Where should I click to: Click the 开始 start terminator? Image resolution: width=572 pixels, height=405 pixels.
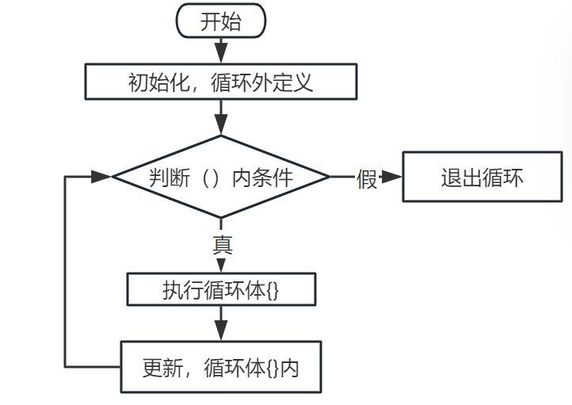[x=221, y=21]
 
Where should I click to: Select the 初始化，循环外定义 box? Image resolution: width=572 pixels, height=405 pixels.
[x=221, y=82]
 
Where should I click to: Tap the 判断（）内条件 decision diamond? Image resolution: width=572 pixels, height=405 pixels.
[x=221, y=177]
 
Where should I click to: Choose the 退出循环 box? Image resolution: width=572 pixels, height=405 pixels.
[x=482, y=177]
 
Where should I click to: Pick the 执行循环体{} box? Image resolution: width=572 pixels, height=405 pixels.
[x=221, y=289]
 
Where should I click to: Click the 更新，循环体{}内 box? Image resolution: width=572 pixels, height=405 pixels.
[x=221, y=367]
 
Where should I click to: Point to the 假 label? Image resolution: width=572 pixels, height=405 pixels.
[x=367, y=178]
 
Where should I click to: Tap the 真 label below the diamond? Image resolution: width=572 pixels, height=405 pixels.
[x=223, y=244]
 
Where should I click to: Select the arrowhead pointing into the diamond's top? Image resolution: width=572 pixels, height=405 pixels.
[x=221, y=124]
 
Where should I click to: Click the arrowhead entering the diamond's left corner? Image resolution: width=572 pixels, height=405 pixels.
[x=101, y=177]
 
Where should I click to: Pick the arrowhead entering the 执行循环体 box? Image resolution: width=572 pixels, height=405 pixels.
[x=221, y=266]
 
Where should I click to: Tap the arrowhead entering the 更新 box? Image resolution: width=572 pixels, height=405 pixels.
[x=221, y=330]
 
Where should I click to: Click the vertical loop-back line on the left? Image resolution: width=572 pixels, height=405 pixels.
[x=65, y=272]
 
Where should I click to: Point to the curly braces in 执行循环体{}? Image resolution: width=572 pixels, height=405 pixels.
[x=273, y=291]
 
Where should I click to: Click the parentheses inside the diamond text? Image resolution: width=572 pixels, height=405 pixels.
[x=211, y=178]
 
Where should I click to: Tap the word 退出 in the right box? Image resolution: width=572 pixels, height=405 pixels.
[x=462, y=178]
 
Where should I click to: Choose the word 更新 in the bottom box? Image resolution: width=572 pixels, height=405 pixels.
[x=162, y=368]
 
